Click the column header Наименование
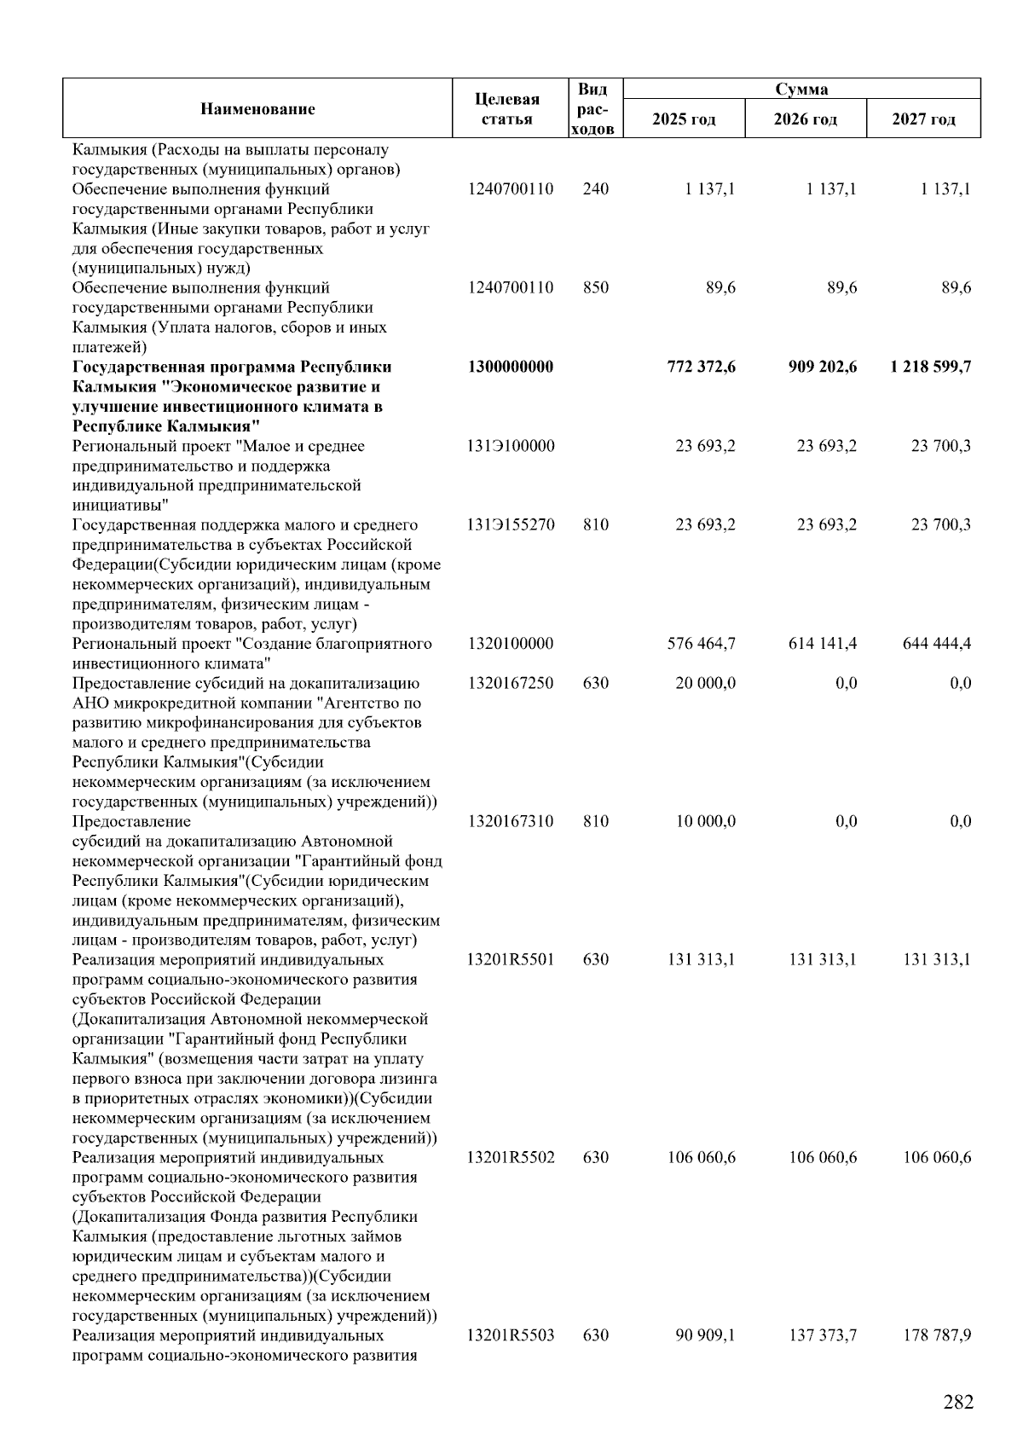257,108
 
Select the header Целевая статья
507,109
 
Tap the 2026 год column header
805,119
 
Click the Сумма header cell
800,89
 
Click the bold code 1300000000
511,367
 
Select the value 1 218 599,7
929,367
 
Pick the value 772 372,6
701,367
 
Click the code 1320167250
511,683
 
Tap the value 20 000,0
705,683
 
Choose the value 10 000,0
705,821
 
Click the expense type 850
596,287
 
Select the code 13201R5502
511,1157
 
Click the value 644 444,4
937,643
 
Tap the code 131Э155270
511,524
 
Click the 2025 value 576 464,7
702,643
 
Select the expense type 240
596,188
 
